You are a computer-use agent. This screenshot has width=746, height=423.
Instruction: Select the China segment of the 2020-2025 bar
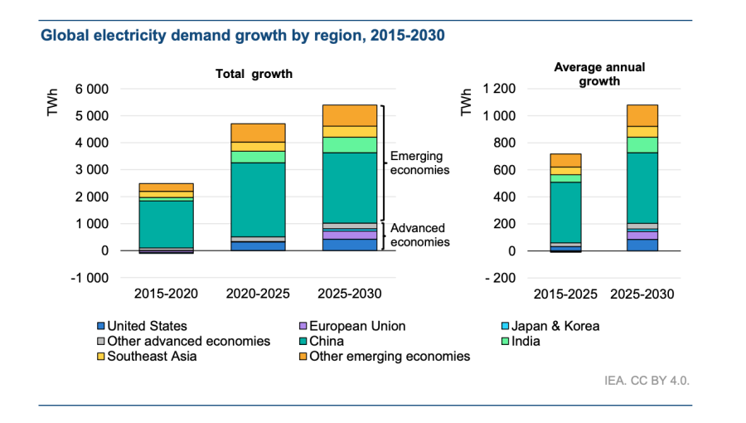click(x=257, y=199)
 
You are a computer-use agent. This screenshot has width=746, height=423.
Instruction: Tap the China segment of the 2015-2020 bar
click(x=166, y=224)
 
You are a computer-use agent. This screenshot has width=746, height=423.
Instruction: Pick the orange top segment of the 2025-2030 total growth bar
click(x=349, y=115)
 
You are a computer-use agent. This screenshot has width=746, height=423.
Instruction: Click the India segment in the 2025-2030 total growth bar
click(x=349, y=144)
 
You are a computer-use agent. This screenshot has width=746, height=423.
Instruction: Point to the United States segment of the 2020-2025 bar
click(x=257, y=246)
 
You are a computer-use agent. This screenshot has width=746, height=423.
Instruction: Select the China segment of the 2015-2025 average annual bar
click(x=564, y=211)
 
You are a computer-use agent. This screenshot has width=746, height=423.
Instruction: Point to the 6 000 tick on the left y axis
click(x=92, y=89)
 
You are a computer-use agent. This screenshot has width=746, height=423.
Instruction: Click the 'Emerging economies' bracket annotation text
click(x=419, y=163)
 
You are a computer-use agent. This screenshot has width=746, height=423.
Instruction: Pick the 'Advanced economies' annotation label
click(x=419, y=236)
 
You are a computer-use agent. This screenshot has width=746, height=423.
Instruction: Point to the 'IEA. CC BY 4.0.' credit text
click(x=647, y=381)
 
